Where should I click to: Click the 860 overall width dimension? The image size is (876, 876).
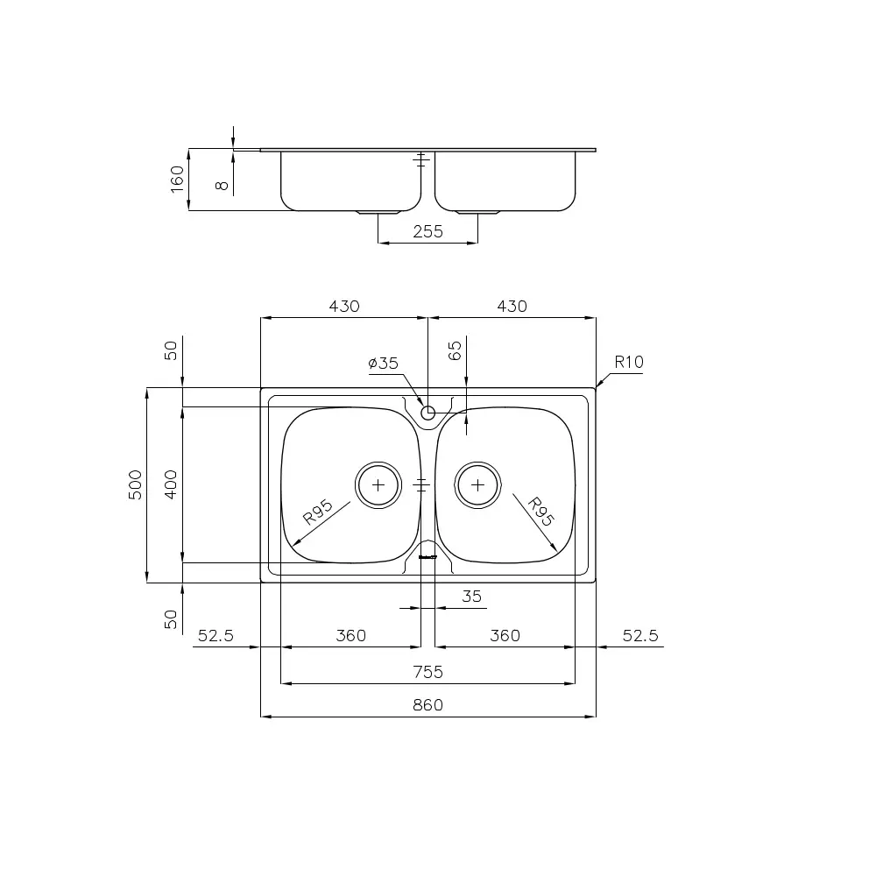coord(427,705)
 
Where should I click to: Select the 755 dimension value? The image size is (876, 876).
coord(427,672)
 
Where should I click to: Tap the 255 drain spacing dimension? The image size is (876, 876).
coord(427,231)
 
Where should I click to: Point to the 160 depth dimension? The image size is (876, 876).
coord(177,180)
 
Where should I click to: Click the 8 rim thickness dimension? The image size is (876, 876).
coord(223,183)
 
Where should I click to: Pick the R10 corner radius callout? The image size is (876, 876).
coord(629,361)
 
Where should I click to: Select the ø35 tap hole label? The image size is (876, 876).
coord(384,363)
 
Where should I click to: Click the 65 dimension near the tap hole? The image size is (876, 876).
coord(455,351)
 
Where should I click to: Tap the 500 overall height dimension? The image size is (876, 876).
coord(135,484)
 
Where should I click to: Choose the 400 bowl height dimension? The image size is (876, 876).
coord(171,484)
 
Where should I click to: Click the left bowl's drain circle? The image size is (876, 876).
coord(378,484)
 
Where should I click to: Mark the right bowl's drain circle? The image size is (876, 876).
coord(477,484)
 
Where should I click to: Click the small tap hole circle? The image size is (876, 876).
coord(427,413)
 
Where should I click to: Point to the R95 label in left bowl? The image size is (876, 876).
coord(317,512)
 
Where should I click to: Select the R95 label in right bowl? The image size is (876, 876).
coord(540,512)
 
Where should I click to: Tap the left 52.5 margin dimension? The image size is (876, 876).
coord(215,636)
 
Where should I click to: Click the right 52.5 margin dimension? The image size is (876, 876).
coord(640,636)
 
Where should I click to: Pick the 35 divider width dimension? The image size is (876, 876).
coord(471,597)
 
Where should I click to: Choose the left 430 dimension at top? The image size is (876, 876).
coord(344,307)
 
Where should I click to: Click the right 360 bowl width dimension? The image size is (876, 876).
coord(505,636)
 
